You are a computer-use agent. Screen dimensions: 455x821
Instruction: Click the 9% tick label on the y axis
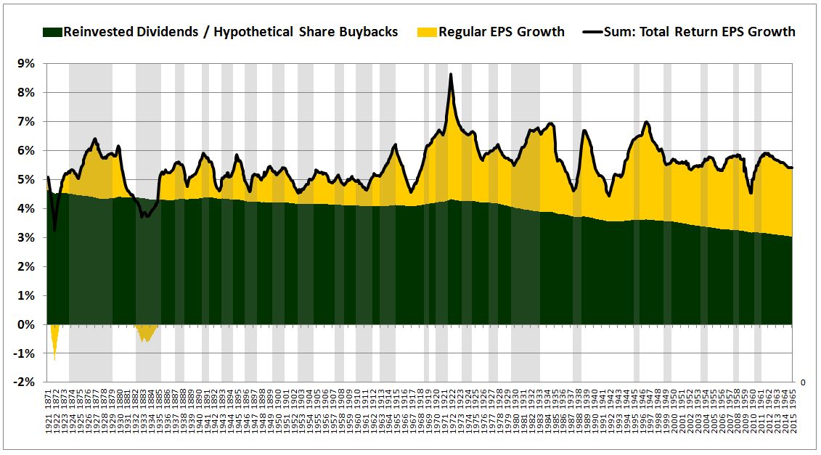(25, 64)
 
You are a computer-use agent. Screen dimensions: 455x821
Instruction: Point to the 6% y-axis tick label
(25, 151)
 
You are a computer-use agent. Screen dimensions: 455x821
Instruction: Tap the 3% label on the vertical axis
(25, 238)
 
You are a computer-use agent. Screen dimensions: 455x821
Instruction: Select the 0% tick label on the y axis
(25, 325)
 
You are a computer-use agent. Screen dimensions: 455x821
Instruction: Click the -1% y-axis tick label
(23, 354)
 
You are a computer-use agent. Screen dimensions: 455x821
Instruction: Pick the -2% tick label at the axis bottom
(23, 383)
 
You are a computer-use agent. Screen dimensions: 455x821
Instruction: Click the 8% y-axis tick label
(25, 93)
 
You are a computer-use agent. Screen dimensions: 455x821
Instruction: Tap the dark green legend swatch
(52, 32)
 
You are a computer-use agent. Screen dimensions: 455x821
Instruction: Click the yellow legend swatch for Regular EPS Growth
(428, 32)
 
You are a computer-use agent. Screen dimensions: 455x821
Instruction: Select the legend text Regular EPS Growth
(502, 32)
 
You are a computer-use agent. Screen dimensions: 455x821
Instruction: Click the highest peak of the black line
(451, 75)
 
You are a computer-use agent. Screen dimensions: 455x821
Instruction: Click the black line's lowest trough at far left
(54, 231)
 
